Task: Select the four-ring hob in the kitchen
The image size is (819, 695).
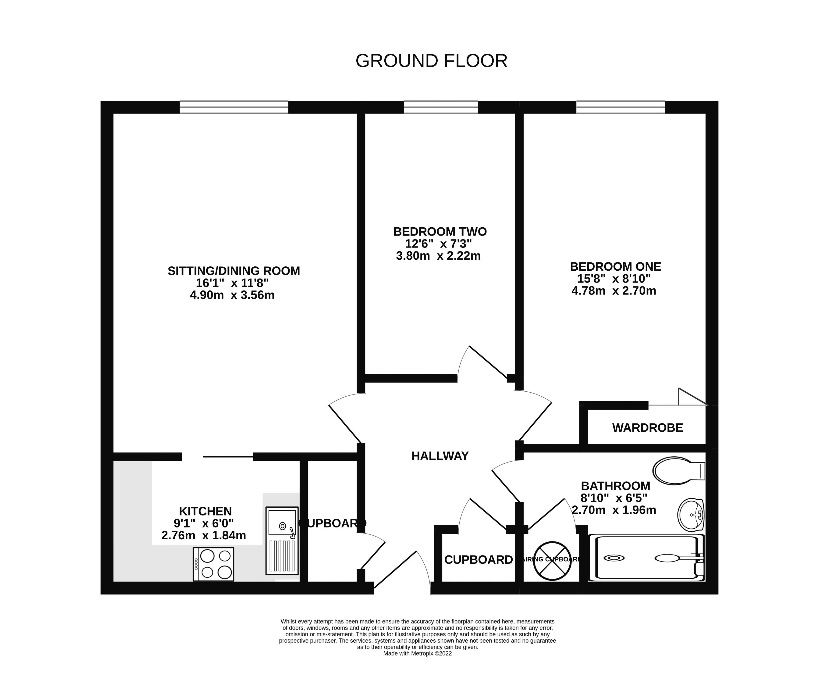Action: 213,564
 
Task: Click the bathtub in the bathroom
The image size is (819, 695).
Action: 646,558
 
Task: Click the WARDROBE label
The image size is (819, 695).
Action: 647,427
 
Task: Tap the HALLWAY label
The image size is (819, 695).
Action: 440,456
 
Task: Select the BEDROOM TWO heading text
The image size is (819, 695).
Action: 440,231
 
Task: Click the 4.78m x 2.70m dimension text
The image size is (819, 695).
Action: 613,291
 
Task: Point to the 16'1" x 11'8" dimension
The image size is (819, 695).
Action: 232,283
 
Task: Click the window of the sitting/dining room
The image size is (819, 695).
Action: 234,107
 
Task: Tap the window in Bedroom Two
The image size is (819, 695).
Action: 441,107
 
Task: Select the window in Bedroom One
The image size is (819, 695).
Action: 620,107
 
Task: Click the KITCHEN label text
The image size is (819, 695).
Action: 205,511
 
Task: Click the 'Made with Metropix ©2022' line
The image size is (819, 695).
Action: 417,653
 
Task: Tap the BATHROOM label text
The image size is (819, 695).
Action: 615,486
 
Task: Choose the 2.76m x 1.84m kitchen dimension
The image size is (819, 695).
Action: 204,535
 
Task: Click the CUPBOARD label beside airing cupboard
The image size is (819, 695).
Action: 479,560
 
